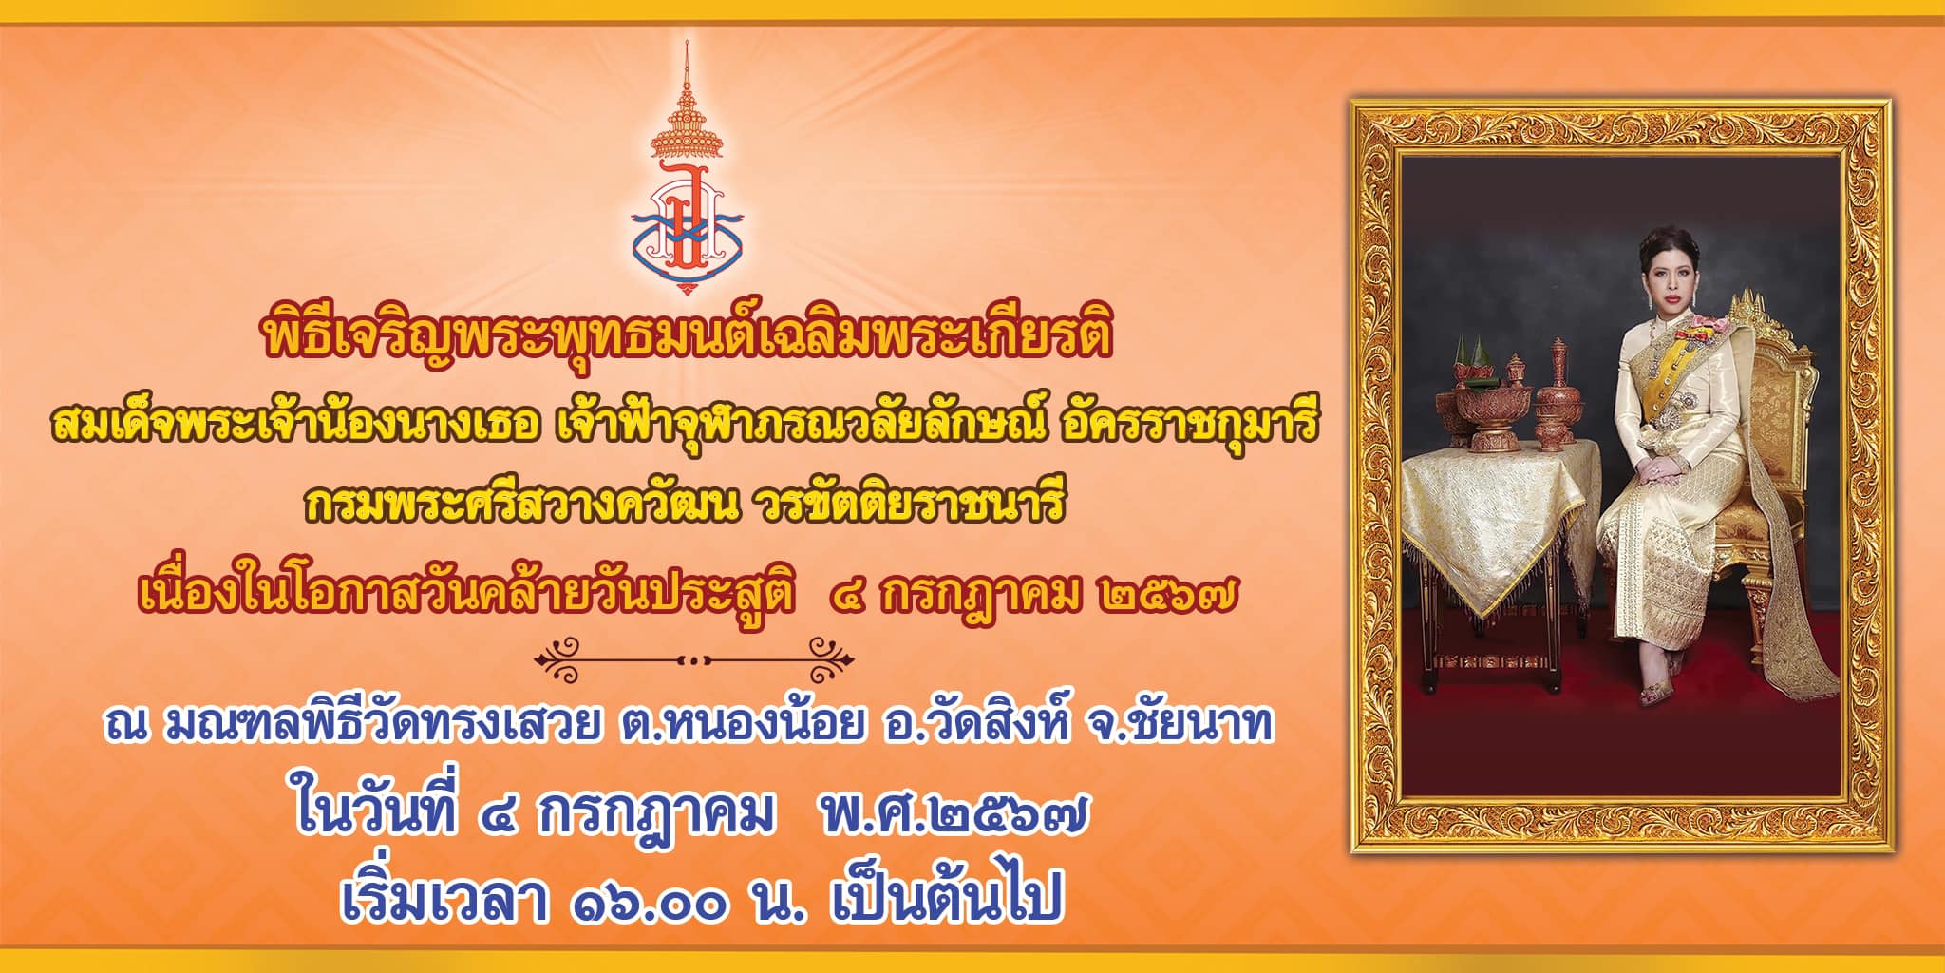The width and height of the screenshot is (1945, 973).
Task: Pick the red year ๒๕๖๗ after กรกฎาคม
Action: click(x=1167, y=595)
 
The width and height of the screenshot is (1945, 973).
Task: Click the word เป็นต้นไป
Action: click(x=944, y=897)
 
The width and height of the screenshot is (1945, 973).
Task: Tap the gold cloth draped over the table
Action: click(x=1492, y=518)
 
